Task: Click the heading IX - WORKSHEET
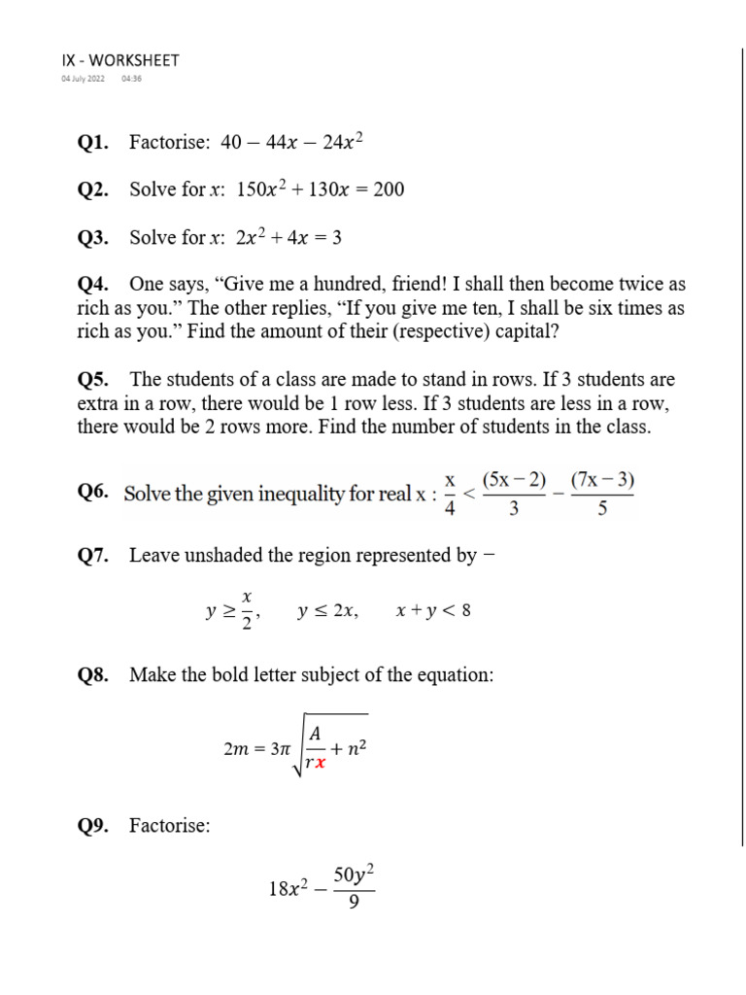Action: pyautogui.click(x=119, y=60)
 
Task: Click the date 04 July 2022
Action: pyautogui.click(x=83, y=79)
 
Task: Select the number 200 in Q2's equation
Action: pyautogui.click(x=389, y=189)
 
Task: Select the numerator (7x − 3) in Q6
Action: pyautogui.click(x=602, y=480)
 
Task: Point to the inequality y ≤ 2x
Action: pyautogui.click(x=328, y=611)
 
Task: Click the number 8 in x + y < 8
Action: pyautogui.click(x=467, y=611)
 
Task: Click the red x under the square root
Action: pyautogui.click(x=320, y=763)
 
